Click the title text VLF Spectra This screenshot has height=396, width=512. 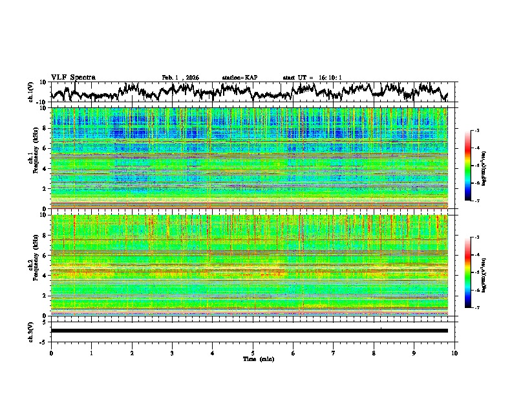(73, 77)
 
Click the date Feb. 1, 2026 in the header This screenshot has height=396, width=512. (180, 78)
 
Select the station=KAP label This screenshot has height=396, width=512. (240, 78)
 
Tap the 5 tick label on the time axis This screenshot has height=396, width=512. (253, 353)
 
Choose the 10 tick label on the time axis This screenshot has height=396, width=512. (454, 353)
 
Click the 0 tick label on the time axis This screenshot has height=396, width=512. (51, 353)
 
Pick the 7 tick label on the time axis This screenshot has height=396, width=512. (334, 353)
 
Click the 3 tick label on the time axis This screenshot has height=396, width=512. (172, 353)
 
